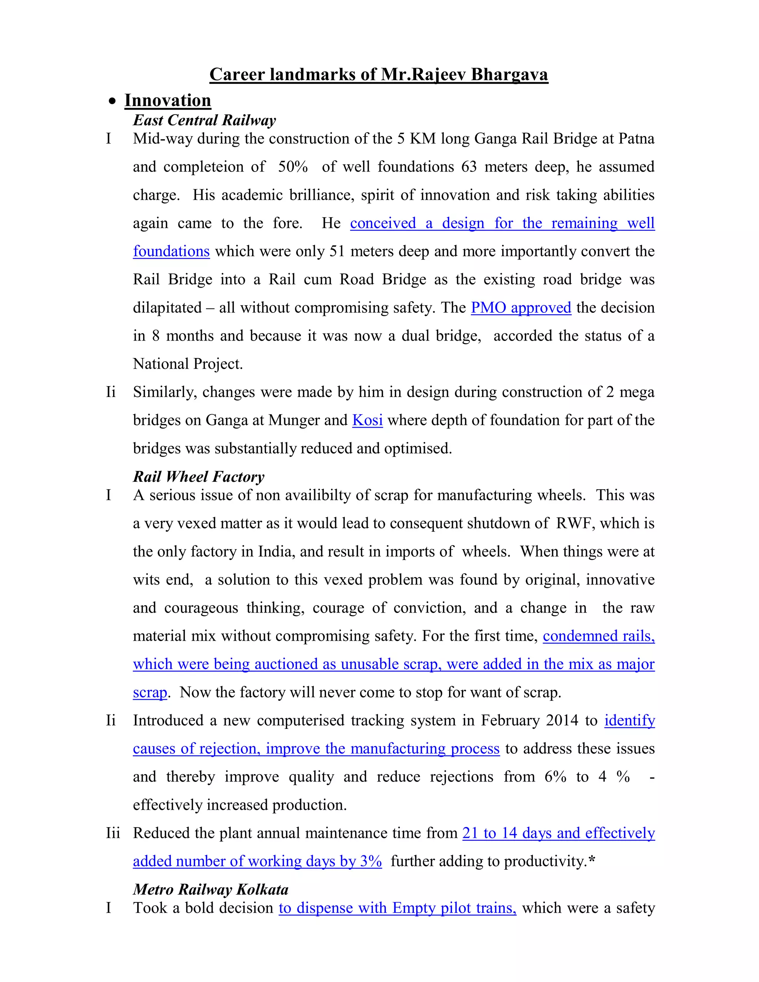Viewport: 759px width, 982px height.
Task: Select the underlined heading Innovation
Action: click(168, 100)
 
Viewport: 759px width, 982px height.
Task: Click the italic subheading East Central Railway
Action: click(205, 120)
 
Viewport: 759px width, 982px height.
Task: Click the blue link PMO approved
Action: click(521, 308)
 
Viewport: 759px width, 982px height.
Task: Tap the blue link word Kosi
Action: click(367, 420)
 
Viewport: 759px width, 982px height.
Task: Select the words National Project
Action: click(188, 364)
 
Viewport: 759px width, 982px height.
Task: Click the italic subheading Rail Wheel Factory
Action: click(199, 477)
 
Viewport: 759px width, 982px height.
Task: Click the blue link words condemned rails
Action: click(599, 636)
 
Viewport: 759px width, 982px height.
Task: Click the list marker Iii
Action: click(113, 833)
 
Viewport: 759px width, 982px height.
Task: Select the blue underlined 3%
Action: click(371, 861)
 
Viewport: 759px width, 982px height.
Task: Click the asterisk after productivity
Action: click(592, 860)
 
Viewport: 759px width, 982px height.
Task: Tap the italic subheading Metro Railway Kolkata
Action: click(211, 889)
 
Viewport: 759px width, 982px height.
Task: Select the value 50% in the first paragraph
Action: click(293, 167)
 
